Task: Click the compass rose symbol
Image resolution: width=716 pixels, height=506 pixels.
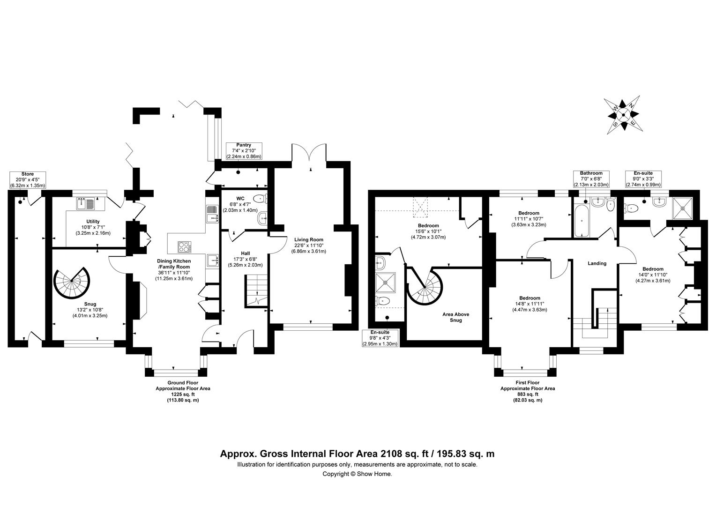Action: [623, 115]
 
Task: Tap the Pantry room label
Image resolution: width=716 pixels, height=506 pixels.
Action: [244, 145]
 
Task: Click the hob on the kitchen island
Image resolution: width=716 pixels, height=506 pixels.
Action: [185, 247]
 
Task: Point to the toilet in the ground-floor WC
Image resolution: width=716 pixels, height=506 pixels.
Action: [260, 199]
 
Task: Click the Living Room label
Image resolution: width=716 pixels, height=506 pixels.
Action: [308, 239]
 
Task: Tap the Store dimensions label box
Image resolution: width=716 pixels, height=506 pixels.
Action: [28, 180]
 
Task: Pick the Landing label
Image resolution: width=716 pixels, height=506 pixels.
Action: [597, 263]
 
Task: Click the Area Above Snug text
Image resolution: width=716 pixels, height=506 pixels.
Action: [456, 317]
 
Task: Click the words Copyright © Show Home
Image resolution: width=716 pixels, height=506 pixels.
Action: [357, 474]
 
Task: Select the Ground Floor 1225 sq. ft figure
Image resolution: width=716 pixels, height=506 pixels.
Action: [183, 394]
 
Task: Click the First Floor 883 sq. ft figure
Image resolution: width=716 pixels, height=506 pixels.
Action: [528, 394]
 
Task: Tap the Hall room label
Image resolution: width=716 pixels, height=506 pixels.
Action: [246, 253]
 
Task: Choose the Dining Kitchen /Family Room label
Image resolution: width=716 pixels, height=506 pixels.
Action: [174, 264]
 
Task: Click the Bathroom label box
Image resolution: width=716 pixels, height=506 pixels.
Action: [591, 179]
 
